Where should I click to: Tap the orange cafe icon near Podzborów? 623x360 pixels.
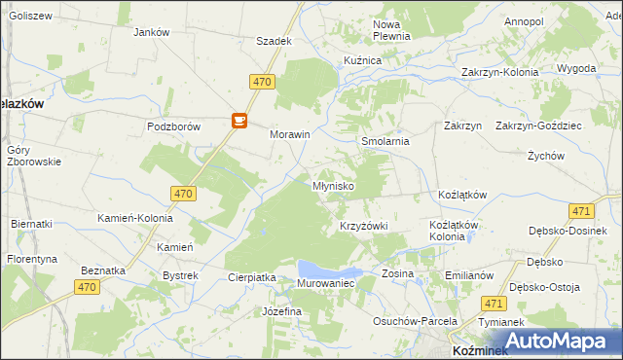238,121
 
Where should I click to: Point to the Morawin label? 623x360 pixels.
289,135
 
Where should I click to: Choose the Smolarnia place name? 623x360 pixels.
385,141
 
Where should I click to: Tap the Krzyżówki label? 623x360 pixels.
364,226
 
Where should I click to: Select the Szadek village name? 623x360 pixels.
274,42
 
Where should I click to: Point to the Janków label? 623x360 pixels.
151,32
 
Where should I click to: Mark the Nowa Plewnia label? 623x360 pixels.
392,29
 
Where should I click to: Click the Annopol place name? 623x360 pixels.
524,21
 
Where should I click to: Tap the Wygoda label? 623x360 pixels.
576,69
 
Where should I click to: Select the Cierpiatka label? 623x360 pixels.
252,277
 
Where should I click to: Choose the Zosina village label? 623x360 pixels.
397,273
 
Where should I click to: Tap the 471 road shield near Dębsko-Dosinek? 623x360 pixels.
582,211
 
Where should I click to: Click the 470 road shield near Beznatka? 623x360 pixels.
88,286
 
